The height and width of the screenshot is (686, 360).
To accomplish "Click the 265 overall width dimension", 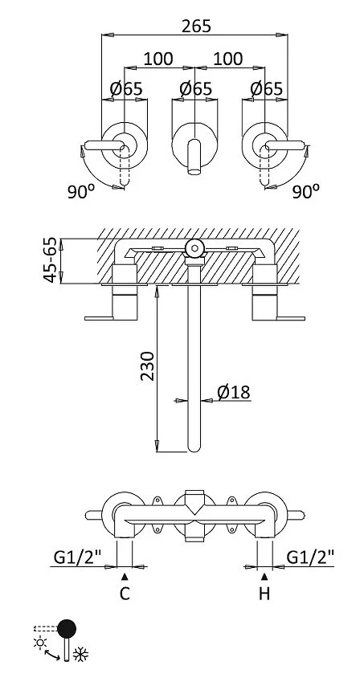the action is click(196, 27).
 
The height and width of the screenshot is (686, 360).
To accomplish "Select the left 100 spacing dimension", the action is click(158, 59).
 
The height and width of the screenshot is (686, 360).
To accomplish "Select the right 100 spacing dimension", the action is click(228, 59).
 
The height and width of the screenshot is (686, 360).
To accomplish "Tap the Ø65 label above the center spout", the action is click(195, 89).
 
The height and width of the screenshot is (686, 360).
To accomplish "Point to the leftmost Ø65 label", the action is click(126, 89).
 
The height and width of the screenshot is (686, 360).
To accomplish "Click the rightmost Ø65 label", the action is click(267, 89).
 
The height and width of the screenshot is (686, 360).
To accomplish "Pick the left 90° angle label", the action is click(81, 191).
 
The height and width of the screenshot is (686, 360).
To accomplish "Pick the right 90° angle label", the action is click(306, 191).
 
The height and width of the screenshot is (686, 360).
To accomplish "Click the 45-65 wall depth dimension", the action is click(51, 260).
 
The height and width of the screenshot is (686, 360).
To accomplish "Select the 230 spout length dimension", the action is click(148, 365).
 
